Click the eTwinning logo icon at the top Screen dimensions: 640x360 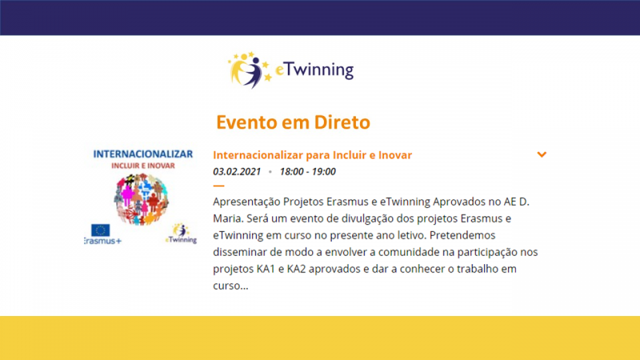point(250,70)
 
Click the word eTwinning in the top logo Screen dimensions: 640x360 point(314,70)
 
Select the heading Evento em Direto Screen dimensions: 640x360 point(293,122)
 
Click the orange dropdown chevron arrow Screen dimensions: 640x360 point(542,154)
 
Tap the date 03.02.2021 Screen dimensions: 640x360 point(237,171)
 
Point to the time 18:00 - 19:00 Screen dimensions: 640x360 point(308,171)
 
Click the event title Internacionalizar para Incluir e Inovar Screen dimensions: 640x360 point(312,155)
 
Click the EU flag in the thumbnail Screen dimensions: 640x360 point(101,230)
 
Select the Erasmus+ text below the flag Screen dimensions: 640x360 point(103,241)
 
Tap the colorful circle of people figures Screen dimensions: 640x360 point(142,199)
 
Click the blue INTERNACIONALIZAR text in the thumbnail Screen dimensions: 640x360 point(143,154)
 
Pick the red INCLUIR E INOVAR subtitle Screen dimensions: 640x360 point(143,166)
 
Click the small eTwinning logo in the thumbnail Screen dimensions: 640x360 point(182,234)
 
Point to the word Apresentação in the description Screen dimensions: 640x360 point(246,202)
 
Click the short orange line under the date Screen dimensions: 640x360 point(218,186)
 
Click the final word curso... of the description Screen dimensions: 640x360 point(230,286)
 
